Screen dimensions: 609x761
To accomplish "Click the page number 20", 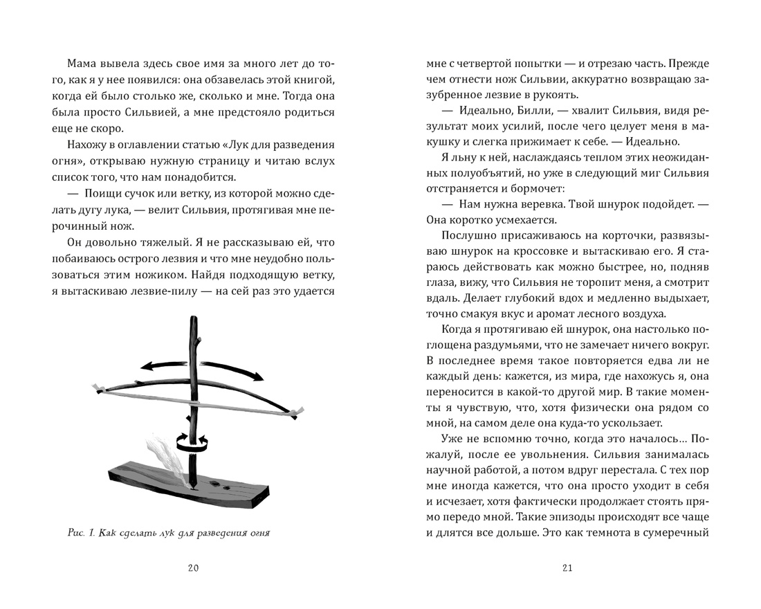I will [x=194, y=568].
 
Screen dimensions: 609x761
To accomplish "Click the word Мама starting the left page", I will [x=86, y=64].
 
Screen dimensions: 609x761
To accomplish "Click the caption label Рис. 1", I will [x=82, y=533].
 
